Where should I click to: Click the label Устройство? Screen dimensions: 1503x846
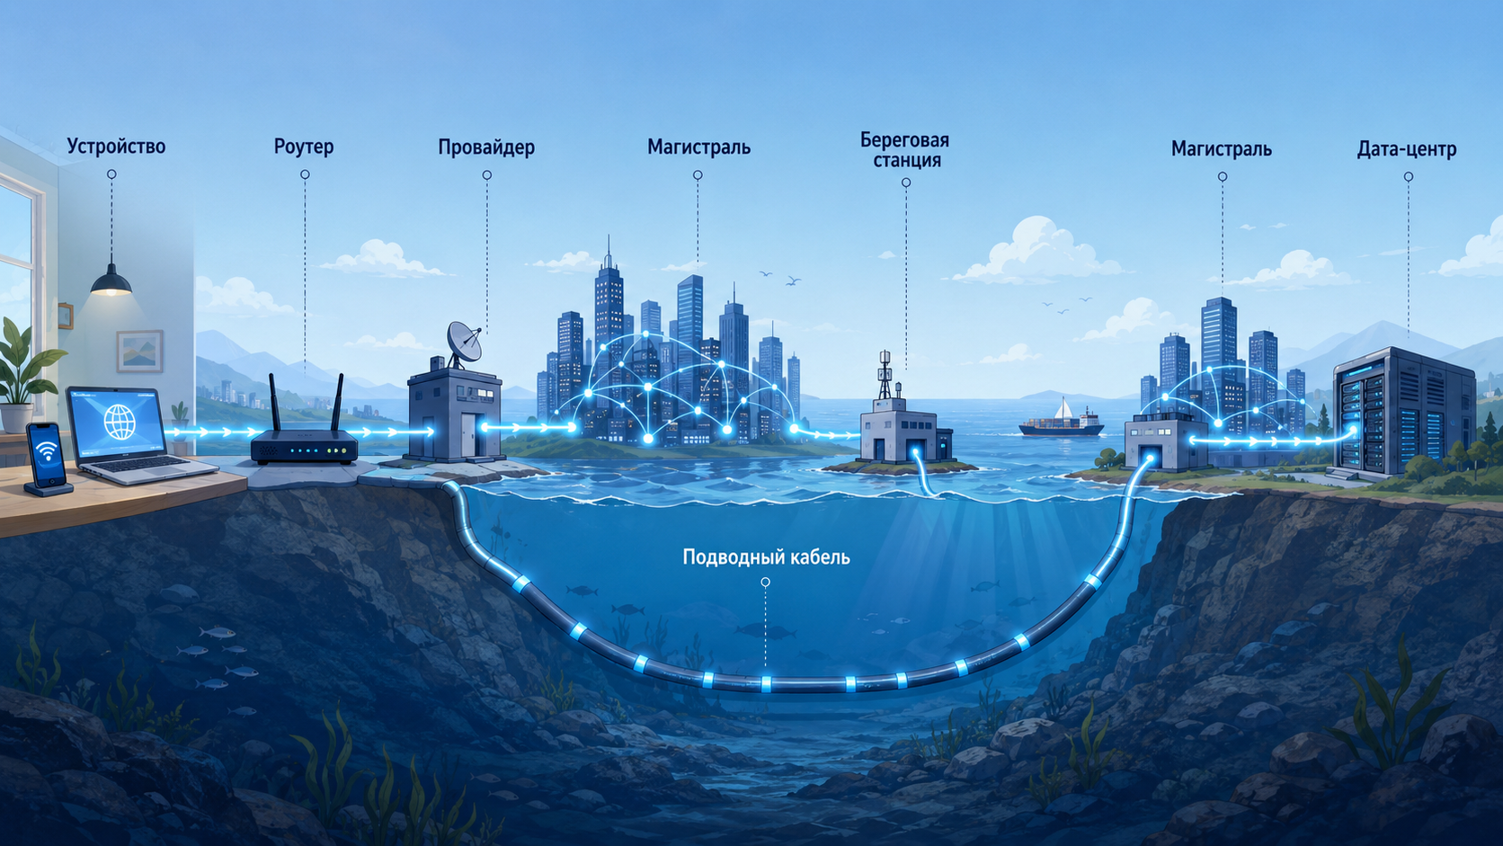coord(116,147)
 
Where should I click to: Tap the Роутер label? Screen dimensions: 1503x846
coord(304,147)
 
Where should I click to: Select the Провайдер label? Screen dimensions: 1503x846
coord(486,147)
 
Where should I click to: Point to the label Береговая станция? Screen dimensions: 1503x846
coord(904,150)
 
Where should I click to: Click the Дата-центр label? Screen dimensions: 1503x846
coord(1407,149)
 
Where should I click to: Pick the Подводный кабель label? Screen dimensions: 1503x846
coord(766,557)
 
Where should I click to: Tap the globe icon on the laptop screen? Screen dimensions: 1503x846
coord(120,422)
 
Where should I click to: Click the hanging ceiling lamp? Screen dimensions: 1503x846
coord(111,281)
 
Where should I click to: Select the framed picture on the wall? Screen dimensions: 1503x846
coord(139,351)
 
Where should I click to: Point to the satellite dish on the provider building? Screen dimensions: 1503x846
coord(465,343)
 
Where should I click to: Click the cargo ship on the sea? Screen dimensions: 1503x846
coord(1062,426)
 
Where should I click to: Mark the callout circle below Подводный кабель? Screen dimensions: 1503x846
coord(765,583)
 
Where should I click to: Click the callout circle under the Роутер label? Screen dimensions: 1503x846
coord(305,174)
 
